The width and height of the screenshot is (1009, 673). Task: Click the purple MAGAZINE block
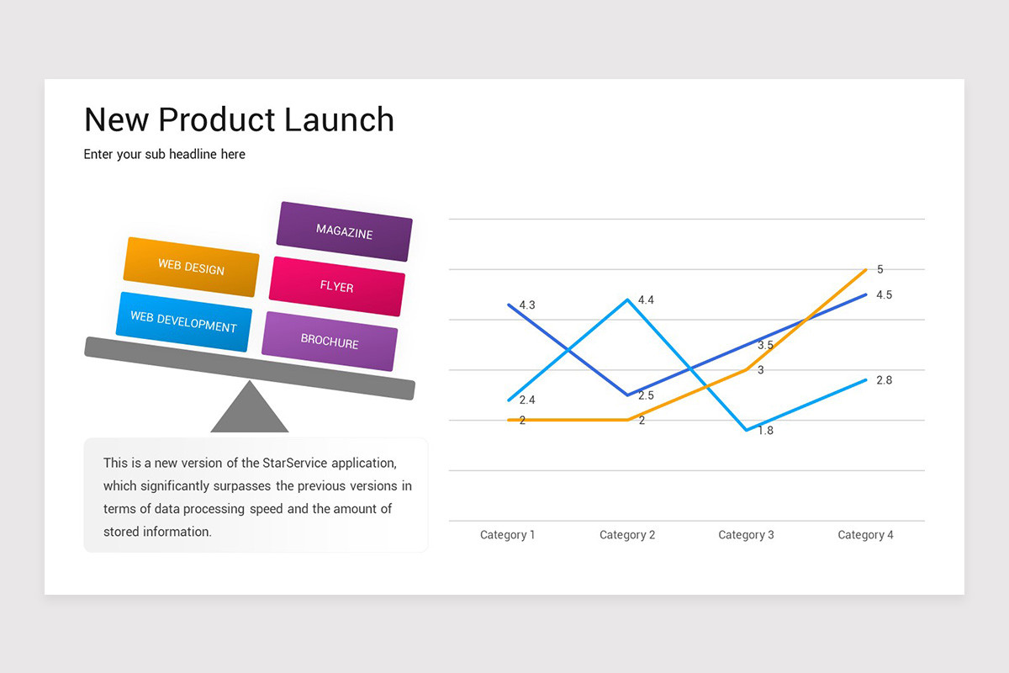[x=344, y=231]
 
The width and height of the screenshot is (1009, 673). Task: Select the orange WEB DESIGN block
[x=192, y=268]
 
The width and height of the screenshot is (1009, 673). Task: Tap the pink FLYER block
[x=336, y=287]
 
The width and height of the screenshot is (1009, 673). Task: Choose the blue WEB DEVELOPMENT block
[x=183, y=322]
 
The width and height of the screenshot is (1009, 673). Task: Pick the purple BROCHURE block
[x=330, y=342]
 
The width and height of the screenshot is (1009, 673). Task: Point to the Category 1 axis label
[x=507, y=535]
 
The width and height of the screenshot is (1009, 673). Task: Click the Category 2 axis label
[x=626, y=535]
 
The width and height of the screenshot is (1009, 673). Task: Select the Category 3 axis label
[x=746, y=535]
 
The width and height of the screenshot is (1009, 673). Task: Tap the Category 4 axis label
[x=865, y=535]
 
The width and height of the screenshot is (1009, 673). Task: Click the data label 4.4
[x=646, y=300]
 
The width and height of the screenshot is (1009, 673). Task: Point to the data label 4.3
[x=527, y=305]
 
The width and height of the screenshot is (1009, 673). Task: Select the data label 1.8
[x=765, y=431]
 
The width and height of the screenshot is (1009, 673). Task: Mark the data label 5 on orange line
[x=880, y=270]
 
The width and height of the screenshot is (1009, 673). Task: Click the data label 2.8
[x=884, y=380]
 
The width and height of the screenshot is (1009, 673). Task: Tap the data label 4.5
[x=884, y=295]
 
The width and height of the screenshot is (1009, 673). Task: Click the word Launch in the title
[x=339, y=120]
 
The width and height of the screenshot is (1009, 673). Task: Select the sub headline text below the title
[x=165, y=155]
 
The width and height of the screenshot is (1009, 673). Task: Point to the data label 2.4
[x=527, y=400]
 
